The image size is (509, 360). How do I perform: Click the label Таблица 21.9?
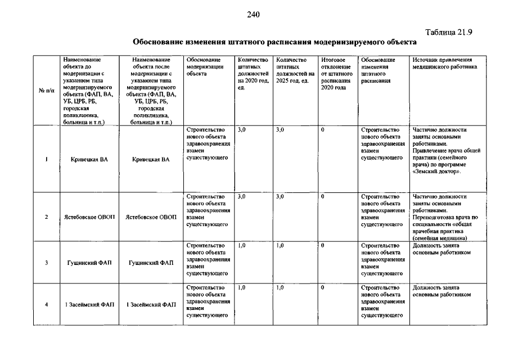coord(449,32)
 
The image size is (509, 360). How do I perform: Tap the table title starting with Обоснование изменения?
coord(274,42)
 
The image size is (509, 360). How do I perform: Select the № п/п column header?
coord(45,91)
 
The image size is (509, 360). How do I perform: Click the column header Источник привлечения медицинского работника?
coord(442,63)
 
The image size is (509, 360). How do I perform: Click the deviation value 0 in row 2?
coord(323,196)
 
